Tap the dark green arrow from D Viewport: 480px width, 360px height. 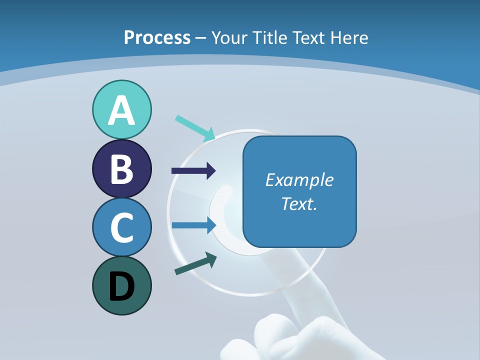click(195, 263)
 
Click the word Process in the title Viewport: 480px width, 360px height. click(157, 37)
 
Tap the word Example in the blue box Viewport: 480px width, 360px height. click(299, 180)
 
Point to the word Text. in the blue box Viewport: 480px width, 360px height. click(299, 204)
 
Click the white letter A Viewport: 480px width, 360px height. click(121, 110)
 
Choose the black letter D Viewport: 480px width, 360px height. click(121, 286)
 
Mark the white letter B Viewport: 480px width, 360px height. click(121, 169)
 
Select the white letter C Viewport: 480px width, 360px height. click(121, 228)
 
